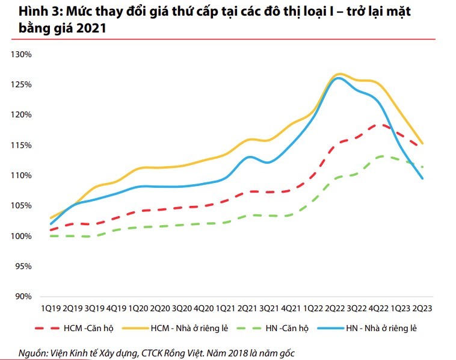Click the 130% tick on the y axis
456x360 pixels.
[22, 55]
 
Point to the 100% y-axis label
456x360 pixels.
[22, 236]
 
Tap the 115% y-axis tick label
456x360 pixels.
[22, 146]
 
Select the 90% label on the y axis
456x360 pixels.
[23, 296]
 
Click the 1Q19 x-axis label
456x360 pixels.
[51, 308]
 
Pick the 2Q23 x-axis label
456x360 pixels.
[422, 308]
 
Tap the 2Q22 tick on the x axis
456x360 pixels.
[334, 308]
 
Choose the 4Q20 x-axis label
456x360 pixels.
[204, 308]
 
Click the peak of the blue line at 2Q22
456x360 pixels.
[338, 78]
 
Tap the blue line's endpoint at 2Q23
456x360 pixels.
[423, 178]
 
